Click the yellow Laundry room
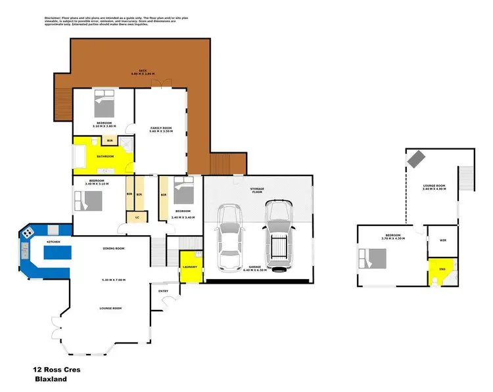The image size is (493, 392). point(191,267)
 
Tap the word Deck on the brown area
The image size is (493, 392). point(142,71)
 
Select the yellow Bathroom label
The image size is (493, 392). point(106,156)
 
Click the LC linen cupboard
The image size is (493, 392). point(137,217)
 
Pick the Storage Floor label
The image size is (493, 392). point(257,190)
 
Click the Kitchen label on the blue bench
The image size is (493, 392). point(53,243)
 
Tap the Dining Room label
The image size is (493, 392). point(114,248)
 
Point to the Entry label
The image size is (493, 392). point(164,290)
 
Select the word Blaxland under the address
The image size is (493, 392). point(53,380)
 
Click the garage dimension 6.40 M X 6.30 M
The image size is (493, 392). point(256,271)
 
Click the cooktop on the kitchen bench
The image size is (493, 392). point(28,232)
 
